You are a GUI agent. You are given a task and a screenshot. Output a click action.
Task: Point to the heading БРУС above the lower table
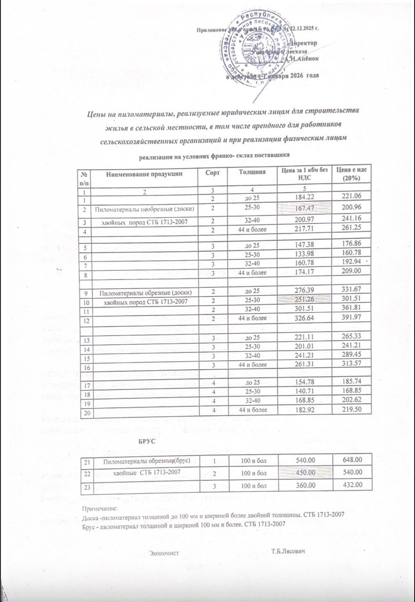coord(145,442)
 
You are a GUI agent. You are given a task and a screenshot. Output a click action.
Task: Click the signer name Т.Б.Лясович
coord(288,550)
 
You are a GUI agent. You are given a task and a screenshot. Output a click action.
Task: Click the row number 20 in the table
coord(86,413)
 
